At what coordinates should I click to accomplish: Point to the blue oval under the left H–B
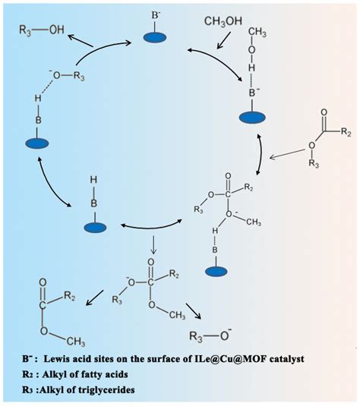pos(38,143)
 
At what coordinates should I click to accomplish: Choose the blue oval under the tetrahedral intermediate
pos(216,269)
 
